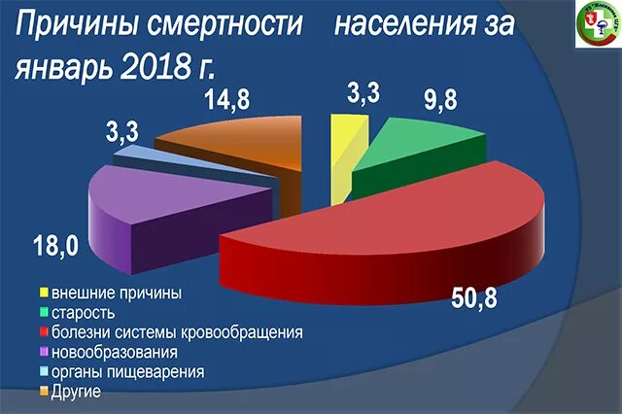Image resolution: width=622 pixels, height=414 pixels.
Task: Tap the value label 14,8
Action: point(231,99)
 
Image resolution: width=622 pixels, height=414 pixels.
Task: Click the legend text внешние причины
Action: point(117,292)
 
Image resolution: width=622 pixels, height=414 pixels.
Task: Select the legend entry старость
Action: point(84,312)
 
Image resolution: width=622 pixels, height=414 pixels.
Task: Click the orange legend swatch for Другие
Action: point(44,392)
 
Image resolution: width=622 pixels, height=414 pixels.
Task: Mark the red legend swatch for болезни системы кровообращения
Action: point(44,332)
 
